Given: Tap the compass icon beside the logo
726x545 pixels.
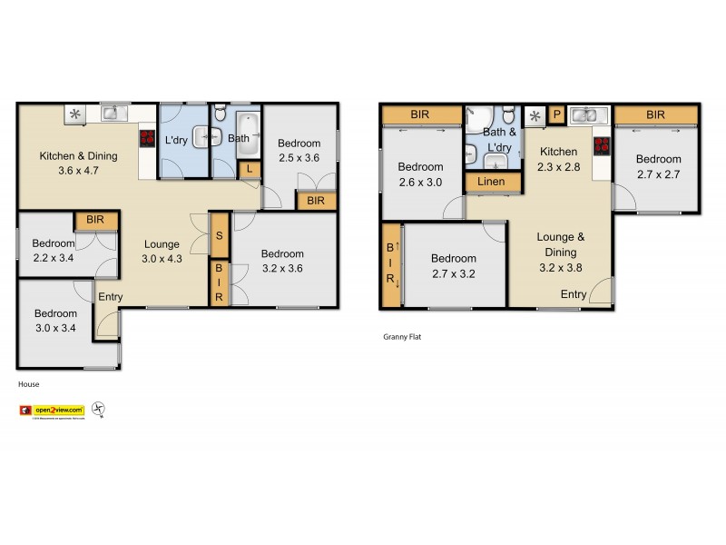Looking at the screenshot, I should [x=100, y=411].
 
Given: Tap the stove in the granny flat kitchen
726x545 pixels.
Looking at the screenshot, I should [x=600, y=146].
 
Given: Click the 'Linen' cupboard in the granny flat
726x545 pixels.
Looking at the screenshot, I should [x=493, y=183].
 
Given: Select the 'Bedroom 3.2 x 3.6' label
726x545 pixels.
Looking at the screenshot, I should [x=282, y=261].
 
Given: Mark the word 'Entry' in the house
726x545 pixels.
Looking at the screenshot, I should [x=111, y=297].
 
